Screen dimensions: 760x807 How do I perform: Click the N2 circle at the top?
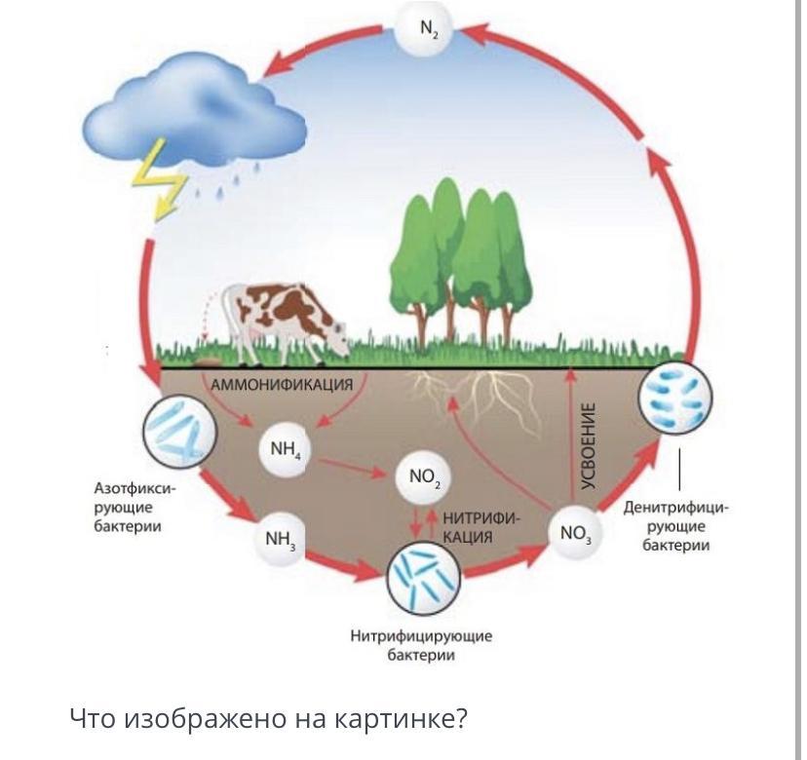pos(431,30)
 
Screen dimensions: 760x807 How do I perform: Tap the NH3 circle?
pos(281,538)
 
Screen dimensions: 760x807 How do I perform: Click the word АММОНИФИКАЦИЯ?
pos(282,384)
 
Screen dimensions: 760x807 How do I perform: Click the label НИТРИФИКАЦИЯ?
pos(480,527)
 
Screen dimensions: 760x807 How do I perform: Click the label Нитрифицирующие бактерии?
pos(421,645)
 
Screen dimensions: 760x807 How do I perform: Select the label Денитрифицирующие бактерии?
pos(676,526)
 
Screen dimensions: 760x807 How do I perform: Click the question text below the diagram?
pos(269,719)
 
